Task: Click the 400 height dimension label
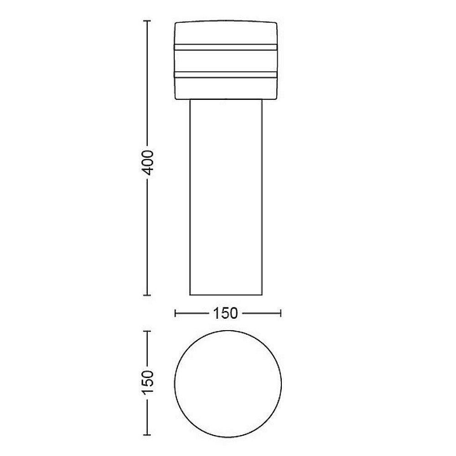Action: click(x=149, y=163)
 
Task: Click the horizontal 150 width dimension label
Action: click(x=226, y=313)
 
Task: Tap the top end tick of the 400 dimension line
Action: click(x=147, y=21)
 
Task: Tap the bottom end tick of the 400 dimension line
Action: click(x=147, y=295)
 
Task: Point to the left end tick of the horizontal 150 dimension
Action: click(x=175, y=313)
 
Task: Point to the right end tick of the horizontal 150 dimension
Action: click(x=280, y=313)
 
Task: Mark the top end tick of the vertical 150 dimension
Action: click(x=147, y=331)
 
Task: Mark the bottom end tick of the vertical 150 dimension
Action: click(x=147, y=435)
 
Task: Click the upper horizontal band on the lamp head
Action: click(x=226, y=47)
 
